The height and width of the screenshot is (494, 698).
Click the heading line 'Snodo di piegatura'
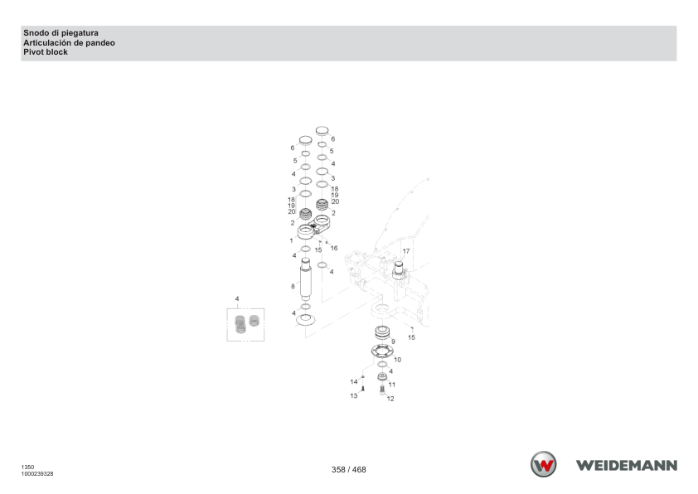[61, 33]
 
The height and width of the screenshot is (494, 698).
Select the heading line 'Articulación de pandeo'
[69, 43]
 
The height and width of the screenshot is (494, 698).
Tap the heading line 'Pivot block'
[46, 52]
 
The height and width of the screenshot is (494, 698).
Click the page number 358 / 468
[348, 469]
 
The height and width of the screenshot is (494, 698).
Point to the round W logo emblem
[543, 464]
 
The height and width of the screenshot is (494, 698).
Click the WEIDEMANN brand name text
[627, 466]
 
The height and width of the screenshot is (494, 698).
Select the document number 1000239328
[37, 474]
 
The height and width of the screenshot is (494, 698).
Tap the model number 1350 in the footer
[27, 467]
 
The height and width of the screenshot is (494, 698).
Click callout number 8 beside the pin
[293, 286]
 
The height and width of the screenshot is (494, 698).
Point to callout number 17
[406, 251]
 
